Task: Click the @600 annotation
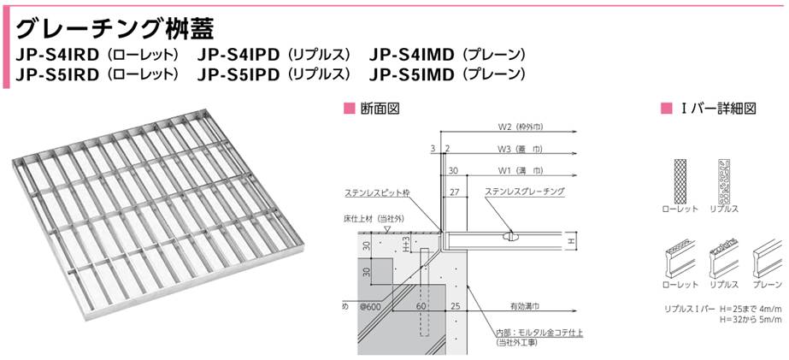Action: [x=369, y=305]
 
